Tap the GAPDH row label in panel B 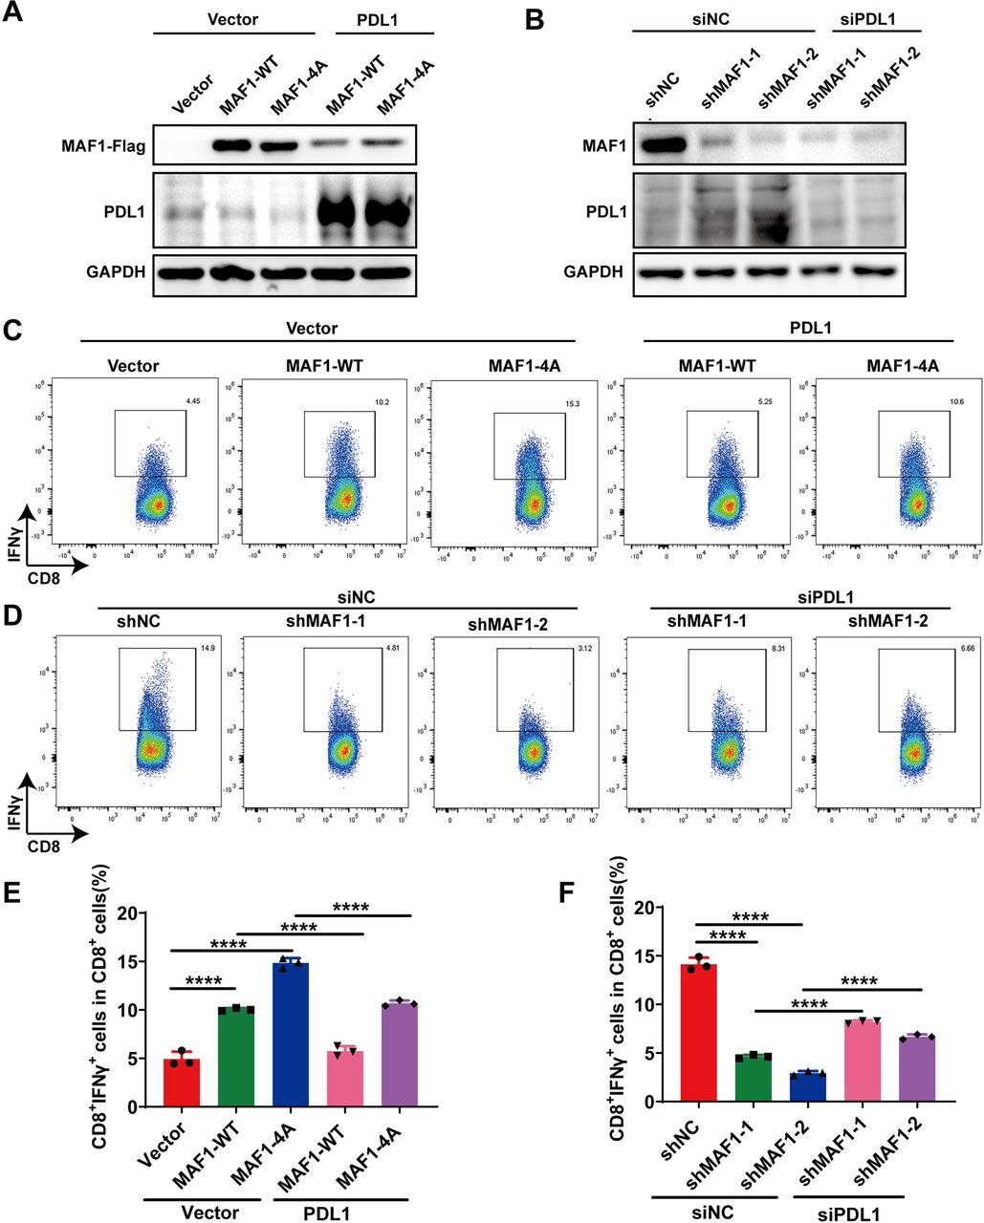click(x=593, y=271)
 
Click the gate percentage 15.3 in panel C click(x=556, y=406)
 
